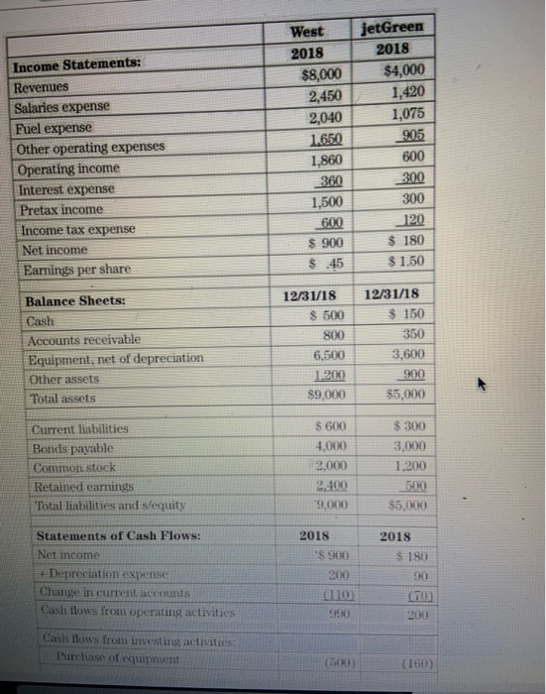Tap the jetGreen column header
tap(394, 28)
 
